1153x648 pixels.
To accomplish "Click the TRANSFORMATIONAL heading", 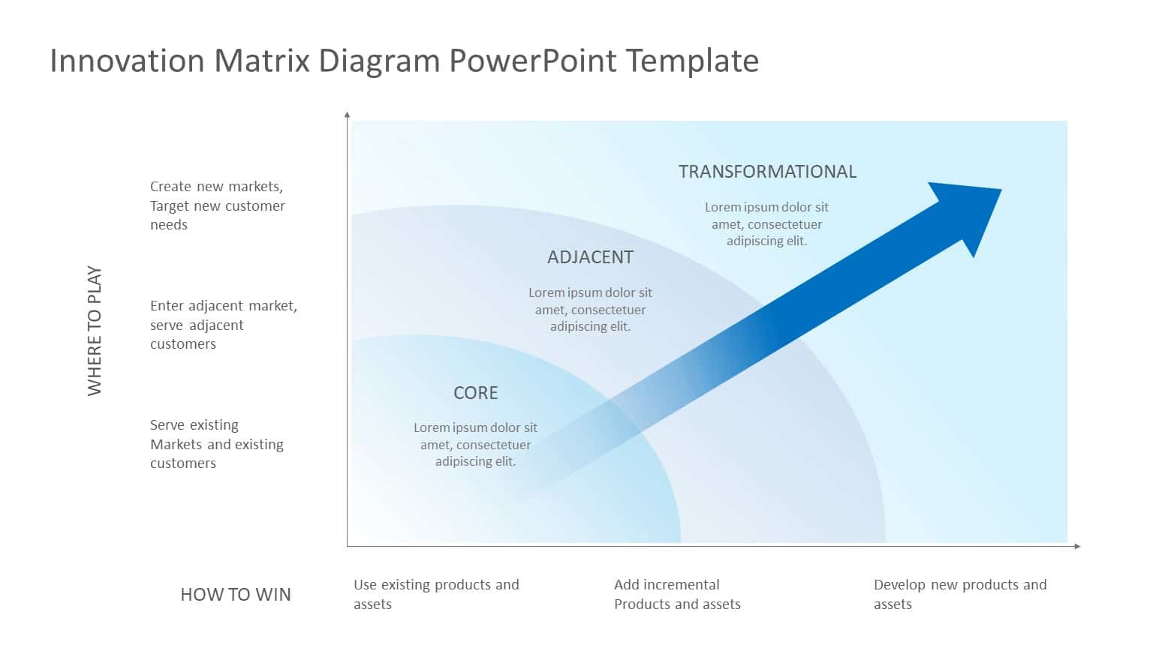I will coord(767,172).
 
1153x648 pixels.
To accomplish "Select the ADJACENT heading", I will coord(590,257).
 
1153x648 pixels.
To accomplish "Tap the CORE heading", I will coord(475,393).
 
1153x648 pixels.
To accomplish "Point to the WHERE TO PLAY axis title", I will coord(95,330).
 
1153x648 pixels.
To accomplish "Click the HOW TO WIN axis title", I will coord(235,595).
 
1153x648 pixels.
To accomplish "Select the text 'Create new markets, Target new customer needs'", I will coord(217,205).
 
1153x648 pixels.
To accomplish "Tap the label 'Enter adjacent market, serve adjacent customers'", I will coord(223,325).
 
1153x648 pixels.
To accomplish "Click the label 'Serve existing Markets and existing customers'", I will coord(216,444).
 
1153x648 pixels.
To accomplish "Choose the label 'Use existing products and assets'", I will coord(435,594).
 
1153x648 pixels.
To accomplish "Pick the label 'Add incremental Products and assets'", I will coord(676,594).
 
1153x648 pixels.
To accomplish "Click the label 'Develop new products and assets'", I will coord(959,594).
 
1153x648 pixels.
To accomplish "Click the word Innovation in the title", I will coord(127,61).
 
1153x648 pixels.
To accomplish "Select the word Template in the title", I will coord(691,61).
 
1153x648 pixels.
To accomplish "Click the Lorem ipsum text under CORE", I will coord(475,445).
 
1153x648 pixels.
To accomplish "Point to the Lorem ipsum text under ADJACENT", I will coord(590,310).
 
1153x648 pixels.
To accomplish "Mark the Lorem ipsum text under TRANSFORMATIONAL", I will coord(766,224).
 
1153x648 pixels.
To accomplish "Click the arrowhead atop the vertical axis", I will coord(347,115).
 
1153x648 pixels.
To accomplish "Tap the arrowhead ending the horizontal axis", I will coord(1077,546).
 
